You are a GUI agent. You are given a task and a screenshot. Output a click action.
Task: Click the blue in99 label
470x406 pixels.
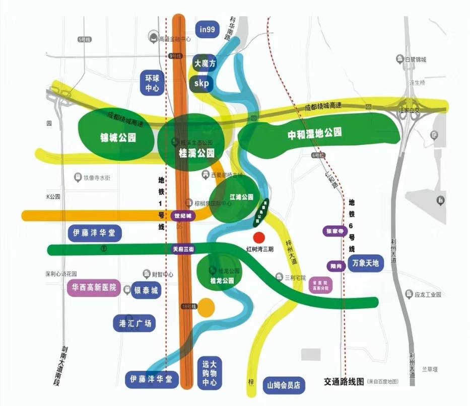pyautogui.click(x=207, y=30)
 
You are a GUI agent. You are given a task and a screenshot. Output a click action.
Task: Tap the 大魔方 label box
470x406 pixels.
pyautogui.click(x=205, y=64)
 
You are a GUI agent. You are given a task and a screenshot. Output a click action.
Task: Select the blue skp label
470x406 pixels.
pyautogui.click(x=201, y=83)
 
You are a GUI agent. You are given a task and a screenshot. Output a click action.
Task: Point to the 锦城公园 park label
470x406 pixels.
pyautogui.click(x=118, y=137)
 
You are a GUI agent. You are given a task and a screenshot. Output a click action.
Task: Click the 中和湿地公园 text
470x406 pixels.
pyautogui.click(x=314, y=134)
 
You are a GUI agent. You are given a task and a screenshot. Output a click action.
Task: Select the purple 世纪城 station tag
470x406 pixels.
pyautogui.click(x=183, y=216)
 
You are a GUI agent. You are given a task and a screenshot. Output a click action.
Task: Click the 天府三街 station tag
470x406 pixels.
pyautogui.click(x=183, y=249)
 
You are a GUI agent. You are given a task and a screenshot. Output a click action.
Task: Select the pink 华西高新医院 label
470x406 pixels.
pyautogui.click(x=94, y=288)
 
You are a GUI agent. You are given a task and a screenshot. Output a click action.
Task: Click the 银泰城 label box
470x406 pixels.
pyautogui.click(x=146, y=291)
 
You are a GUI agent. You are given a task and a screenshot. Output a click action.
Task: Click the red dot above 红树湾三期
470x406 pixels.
pyautogui.click(x=258, y=237)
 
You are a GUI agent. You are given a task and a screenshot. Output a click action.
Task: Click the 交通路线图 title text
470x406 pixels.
pyautogui.click(x=344, y=382)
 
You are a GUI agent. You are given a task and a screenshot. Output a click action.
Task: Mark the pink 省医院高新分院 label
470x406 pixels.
pyautogui.click(x=320, y=285)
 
